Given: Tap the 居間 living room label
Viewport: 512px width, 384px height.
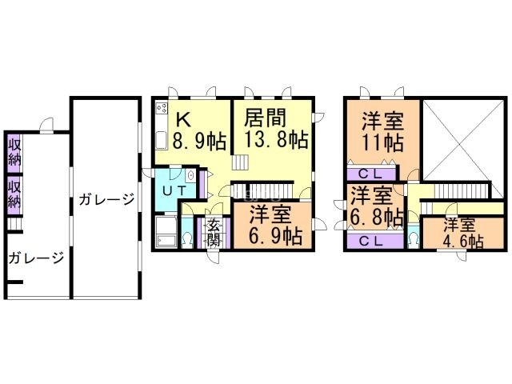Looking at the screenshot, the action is [x=266, y=118].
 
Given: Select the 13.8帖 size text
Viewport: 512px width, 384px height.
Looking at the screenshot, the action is [x=276, y=139].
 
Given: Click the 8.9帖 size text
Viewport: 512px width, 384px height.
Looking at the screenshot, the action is [x=199, y=141].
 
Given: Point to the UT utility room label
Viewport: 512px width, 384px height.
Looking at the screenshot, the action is [x=174, y=190].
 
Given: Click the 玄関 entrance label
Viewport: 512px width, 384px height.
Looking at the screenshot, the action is [x=214, y=233].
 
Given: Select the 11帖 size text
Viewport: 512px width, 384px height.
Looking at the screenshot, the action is [x=383, y=142].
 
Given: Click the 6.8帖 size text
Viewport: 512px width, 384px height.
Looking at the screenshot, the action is [x=376, y=217].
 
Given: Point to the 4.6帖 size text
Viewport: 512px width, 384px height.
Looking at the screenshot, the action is [x=463, y=242].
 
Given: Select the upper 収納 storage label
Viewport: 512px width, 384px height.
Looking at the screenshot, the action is [x=14, y=153].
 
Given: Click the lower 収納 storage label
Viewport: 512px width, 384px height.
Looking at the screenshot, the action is [x=14, y=194].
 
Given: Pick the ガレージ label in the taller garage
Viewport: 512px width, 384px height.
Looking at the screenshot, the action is [x=106, y=199].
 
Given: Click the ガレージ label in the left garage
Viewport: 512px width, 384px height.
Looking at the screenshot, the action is [x=36, y=258].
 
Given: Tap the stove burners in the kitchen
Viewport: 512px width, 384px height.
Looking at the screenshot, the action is [x=162, y=107].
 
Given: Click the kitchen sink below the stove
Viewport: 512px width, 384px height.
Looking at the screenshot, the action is [x=161, y=140].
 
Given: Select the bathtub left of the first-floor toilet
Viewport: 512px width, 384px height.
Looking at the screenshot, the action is [x=166, y=231].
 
